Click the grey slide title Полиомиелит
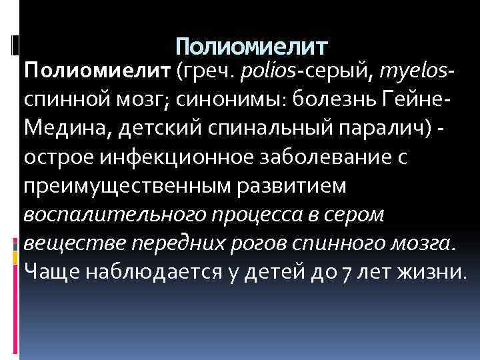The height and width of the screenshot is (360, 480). pyautogui.click(x=253, y=47)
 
